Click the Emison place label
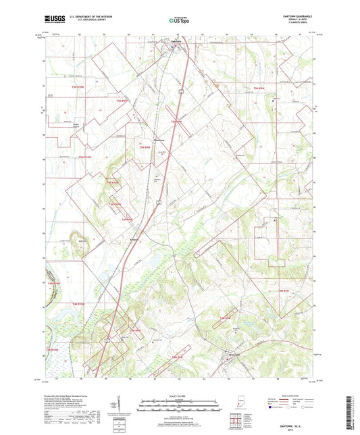coord(134,238)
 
